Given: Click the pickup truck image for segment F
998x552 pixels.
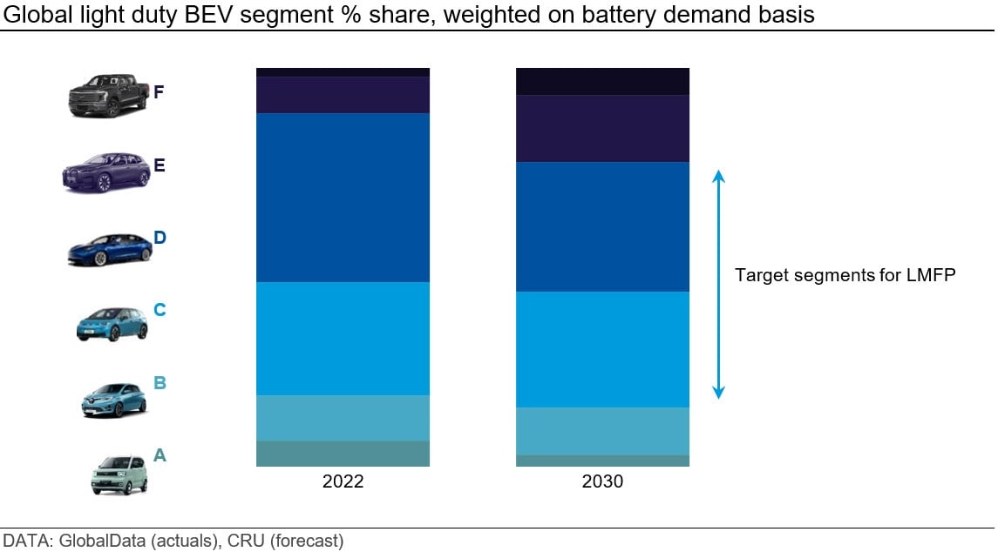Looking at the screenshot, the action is click(x=108, y=96).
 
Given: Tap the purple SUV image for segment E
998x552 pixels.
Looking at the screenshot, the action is click(x=106, y=172).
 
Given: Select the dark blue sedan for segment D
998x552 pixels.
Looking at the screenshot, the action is click(x=110, y=250).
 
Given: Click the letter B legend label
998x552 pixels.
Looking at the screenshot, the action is click(x=160, y=383).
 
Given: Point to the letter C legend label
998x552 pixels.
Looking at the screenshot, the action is click(x=160, y=310).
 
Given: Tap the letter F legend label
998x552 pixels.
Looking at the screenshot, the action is click(x=159, y=92).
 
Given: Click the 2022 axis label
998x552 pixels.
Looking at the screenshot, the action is click(x=343, y=481).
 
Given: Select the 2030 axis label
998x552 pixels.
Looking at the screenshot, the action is click(x=603, y=481).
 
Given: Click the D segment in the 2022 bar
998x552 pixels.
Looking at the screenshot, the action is click(x=343, y=198).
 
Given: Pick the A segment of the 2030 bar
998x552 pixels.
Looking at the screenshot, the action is click(x=603, y=461).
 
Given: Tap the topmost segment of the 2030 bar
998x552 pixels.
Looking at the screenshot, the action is click(x=603, y=81).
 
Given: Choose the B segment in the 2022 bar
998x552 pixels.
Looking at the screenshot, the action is click(x=343, y=419).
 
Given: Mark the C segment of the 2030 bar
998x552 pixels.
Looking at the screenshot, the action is click(x=603, y=350).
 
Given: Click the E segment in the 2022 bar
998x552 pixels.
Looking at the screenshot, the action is click(x=343, y=96).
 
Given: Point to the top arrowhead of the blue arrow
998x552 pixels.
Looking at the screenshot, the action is click(x=718, y=176).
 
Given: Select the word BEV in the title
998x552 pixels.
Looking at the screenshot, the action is click(x=205, y=14).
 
